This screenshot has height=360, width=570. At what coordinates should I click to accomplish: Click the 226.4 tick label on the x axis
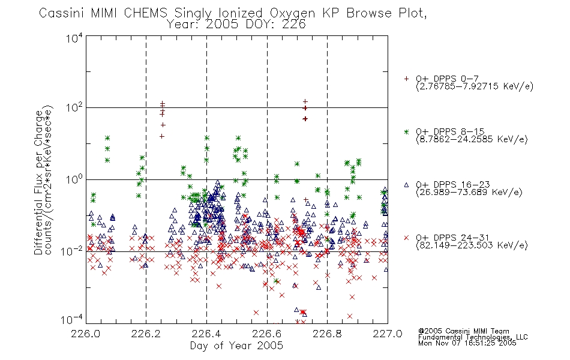coord(206,334)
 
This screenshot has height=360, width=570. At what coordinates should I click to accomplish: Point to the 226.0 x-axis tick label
coord(85,334)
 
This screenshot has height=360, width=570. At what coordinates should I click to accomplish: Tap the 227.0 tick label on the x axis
coord(388,334)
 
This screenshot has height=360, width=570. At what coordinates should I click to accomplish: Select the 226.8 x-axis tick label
coord(327,334)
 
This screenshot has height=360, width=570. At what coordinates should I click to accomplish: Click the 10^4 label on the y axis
coord(74,38)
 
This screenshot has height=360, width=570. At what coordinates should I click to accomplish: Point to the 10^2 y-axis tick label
coord(74,107)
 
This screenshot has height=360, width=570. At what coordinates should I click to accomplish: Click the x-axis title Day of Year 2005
coord(236,346)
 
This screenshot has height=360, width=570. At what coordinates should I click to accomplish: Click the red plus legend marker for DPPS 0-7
coord(406,79)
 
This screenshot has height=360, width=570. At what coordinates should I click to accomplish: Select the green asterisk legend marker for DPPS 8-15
coord(406,131)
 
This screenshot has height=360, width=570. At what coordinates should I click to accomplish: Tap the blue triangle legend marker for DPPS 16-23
coord(406,185)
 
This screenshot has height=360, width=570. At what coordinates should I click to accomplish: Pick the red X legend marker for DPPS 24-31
coord(406,238)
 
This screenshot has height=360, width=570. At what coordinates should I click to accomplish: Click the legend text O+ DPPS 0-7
coord(447,79)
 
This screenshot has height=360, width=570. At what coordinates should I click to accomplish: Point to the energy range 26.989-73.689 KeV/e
coord(469,192)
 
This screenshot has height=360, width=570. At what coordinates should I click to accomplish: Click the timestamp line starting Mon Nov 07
coord(467,343)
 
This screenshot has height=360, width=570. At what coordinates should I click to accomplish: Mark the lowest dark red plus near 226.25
coord(162,136)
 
